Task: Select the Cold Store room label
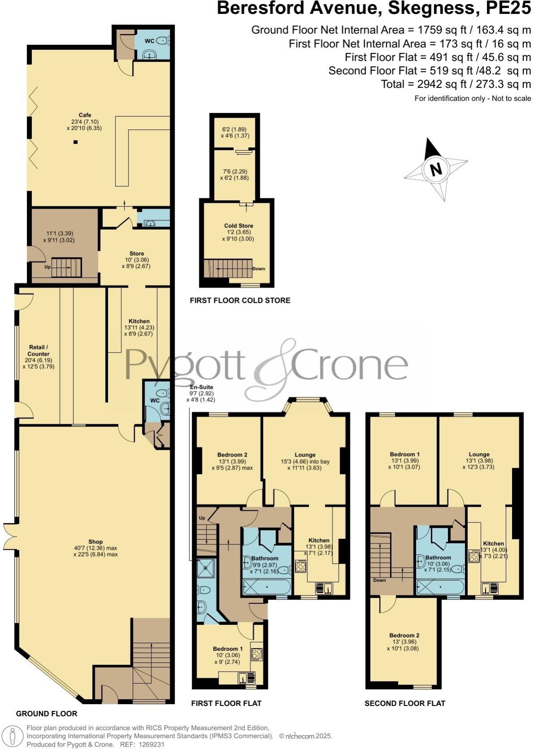tap(238, 226)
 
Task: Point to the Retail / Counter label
tap(38, 350)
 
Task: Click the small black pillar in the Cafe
tap(75, 142)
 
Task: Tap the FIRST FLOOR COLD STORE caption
tap(240, 300)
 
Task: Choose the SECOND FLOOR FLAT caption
tap(405, 703)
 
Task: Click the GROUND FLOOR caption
tap(47, 714)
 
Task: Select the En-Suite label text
tap(202, 387)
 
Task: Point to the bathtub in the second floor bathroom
tap(440, 587)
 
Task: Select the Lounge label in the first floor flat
tap(305, 455)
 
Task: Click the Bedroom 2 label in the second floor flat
tap(404, 635)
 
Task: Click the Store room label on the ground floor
tap(137, 254)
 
